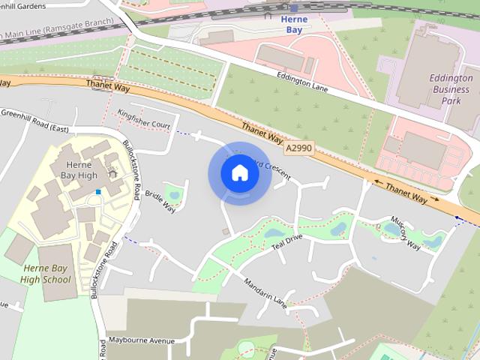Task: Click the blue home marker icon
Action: point(239,173)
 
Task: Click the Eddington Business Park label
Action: point(451,88)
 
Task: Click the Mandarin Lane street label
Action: point(265,291)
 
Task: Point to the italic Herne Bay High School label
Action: point(46,274)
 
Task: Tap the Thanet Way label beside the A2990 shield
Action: point(262,133)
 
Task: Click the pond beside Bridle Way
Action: point(175,196)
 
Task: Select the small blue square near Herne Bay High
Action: point(97,193)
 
